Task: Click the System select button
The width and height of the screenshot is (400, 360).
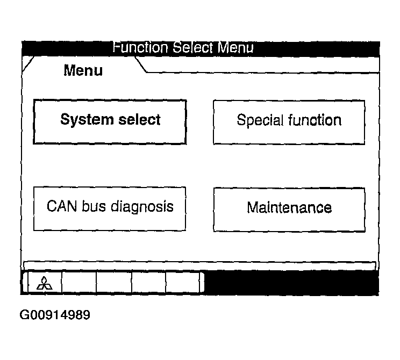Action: click(110, 122)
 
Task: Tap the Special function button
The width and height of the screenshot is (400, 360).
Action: click(289, 123)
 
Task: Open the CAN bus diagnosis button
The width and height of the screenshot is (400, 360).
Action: click(110, 209)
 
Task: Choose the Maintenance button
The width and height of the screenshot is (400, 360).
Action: click(289, 210)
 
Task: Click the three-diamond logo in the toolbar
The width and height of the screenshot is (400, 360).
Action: click(45, 283)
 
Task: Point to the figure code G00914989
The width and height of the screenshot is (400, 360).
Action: click(55, 315)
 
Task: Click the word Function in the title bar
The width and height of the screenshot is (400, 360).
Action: click(140, 47)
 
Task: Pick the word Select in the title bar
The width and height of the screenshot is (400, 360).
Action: click(192, 47)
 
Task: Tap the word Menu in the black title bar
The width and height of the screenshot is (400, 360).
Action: click(235, 47)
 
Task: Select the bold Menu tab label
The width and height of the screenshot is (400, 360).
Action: click(83, 70)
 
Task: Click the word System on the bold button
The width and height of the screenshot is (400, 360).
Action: click(87, 120)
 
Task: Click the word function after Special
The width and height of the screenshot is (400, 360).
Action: click(315, 120)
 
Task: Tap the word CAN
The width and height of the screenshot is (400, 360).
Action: click(61, 206)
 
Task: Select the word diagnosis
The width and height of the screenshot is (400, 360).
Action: click(142, 207)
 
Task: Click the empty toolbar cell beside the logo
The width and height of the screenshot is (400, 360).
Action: click(79, 282)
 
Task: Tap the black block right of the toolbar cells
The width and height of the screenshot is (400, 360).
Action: click(291, 282)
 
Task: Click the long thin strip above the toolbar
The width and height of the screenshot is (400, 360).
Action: click(199, 265)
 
